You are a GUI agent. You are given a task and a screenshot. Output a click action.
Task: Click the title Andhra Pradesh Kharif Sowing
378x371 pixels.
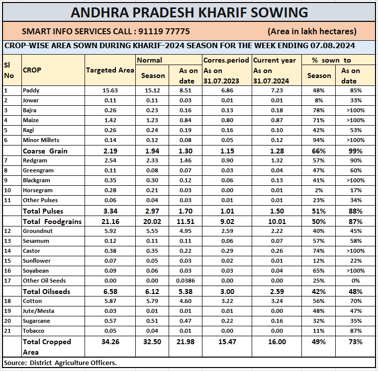(x=189, y=12)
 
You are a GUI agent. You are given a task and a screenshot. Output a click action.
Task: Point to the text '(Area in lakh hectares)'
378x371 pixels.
(x=312, y=31)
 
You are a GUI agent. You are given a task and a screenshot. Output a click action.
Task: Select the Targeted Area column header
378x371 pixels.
(x=110, y=70)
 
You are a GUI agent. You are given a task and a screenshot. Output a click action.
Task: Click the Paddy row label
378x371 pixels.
(x=31, y=90)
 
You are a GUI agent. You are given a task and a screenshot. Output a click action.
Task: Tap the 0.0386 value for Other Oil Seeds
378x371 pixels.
(x=188, y=281)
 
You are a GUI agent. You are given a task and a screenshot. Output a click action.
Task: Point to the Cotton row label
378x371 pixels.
(x=32, y=301)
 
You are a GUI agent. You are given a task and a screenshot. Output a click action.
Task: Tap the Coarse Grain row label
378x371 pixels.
(x=45, y=150)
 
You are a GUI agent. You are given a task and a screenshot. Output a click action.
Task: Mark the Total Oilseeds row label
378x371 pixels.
(x=46, y=292)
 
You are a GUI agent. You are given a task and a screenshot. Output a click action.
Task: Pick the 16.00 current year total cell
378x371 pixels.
(x=276, y=342)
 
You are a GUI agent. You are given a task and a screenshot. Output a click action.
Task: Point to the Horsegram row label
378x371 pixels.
(x=38, y=190)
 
